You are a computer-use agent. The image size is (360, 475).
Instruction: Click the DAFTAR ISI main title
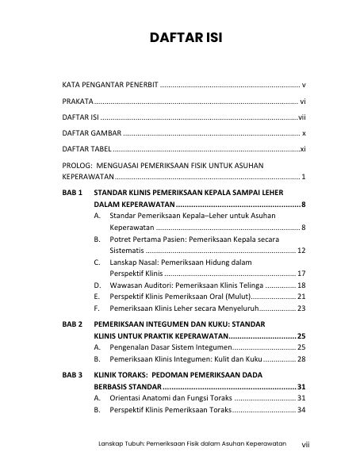(x=179, y=37)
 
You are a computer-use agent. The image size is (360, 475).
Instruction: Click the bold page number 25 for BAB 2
(x=301, y=337)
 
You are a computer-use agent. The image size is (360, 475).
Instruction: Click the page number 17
(x=301, y=272)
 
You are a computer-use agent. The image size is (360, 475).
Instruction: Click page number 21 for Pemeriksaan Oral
(x=301, y=296)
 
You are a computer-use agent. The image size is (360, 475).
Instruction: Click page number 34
(x=301, y=410)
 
